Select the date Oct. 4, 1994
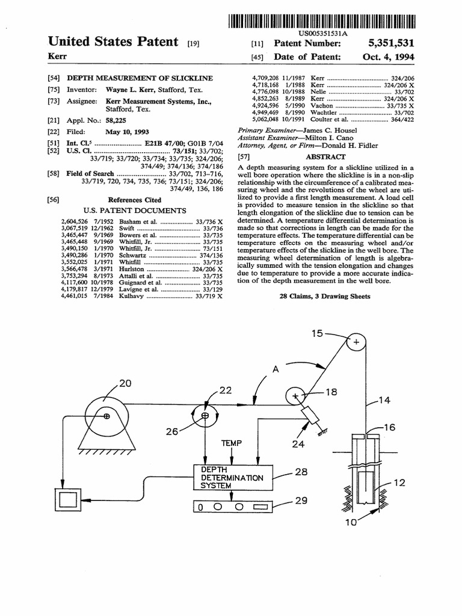tap(389, 57)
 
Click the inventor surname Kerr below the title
tap(58, 56)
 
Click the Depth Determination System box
tap(232, 477)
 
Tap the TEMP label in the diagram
tap(231, 443)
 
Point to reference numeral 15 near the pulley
tap(318, 333)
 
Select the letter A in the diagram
tap(276, 371)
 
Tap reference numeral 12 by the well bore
tap(399, 482)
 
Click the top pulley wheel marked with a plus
tap(356, 342)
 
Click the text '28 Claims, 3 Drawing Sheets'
tap(325, 297)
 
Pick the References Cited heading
tap(134, 200)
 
